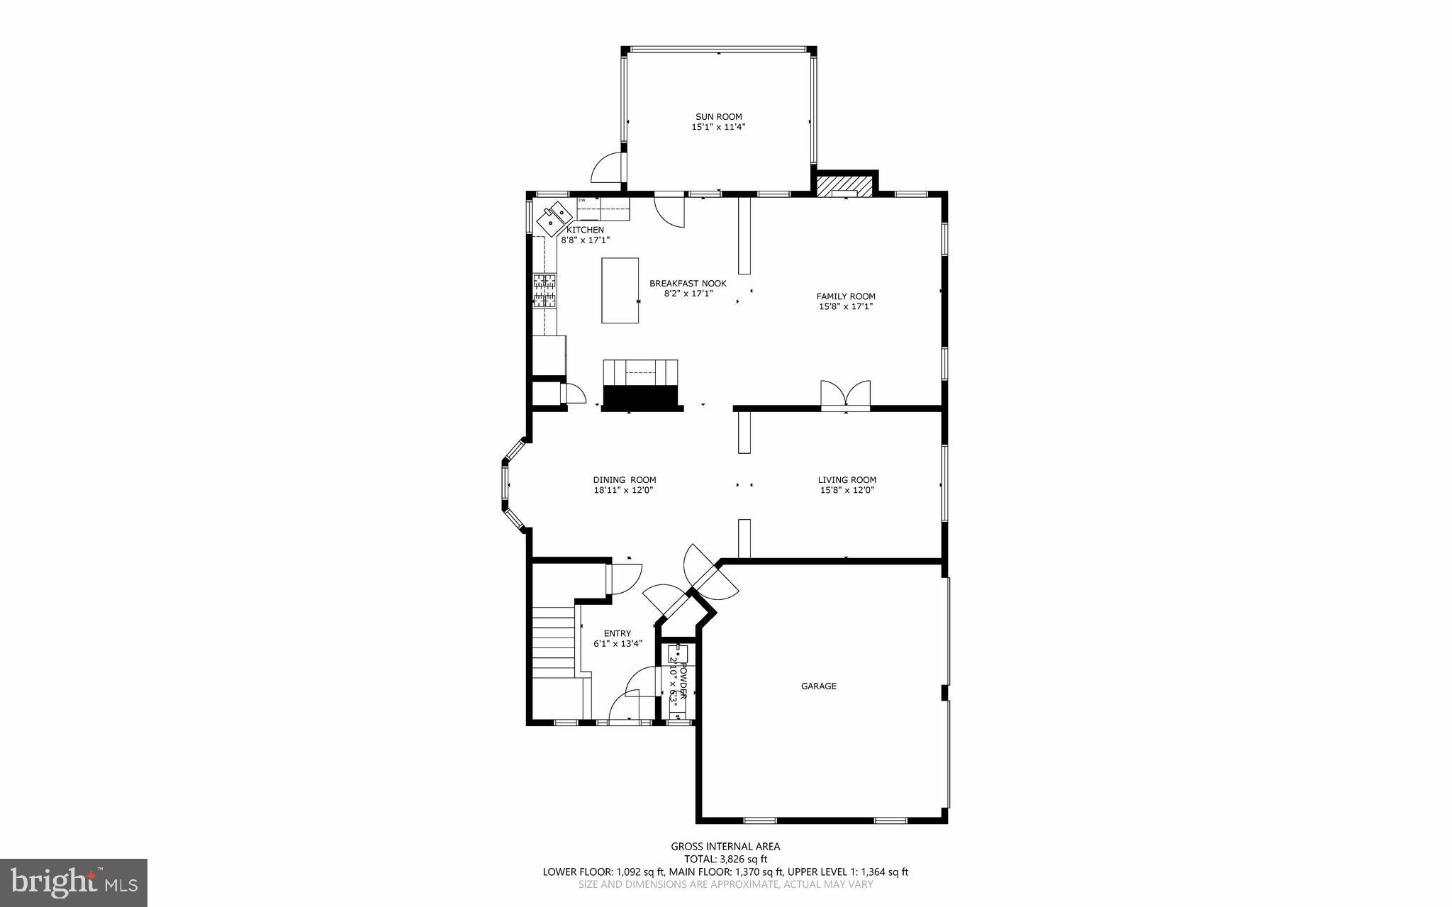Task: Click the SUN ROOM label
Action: [718, 117]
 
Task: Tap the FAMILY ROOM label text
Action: [845, 296]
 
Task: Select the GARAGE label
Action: [819, 686]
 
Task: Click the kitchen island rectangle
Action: [620, 290]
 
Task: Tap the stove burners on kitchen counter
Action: [544, 291]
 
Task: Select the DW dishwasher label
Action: [582, 201]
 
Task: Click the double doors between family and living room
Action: [845, 394]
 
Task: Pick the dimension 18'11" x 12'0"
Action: [623, 489]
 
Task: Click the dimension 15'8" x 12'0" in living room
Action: [847, 489]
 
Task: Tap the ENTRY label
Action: [617, 633]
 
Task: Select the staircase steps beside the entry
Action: [554, 642]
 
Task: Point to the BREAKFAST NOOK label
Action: [688, 283]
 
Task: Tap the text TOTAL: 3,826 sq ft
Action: [725, 859]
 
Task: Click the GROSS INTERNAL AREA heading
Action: [725, 846]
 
